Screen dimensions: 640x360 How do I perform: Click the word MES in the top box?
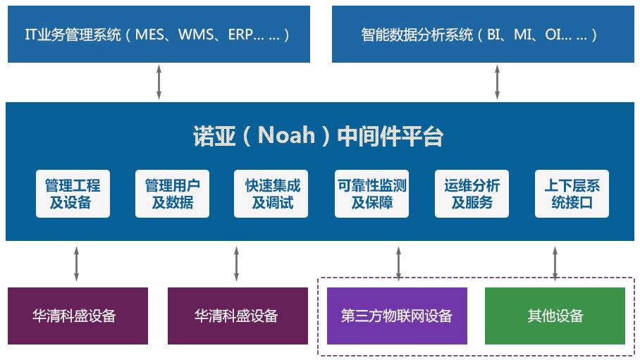pos(149,35)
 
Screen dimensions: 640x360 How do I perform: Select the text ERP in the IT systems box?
pos(240,35)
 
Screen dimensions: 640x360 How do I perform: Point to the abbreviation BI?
pos(493,35)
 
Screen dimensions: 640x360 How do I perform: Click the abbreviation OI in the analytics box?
pos(553,35)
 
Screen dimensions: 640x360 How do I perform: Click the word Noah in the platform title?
pos(287,135)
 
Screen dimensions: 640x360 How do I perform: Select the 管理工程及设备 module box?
pos(73,194)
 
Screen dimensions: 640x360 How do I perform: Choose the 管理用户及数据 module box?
pos(172,194)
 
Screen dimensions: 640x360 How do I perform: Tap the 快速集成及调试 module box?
pos(271,194)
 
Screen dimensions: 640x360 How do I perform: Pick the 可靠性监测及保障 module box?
pos(371,194)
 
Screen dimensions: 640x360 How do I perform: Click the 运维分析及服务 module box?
pos(472,194)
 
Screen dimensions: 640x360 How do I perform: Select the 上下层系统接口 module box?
pos(572,194)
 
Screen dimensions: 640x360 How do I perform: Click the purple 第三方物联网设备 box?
pos(397,316)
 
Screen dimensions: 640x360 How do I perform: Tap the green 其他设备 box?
pos(555,316)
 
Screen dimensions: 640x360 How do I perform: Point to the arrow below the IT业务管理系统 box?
pos(159,82)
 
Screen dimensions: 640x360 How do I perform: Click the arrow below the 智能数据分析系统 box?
pos(497,82)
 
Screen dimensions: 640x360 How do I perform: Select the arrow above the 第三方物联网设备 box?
pos(399,263)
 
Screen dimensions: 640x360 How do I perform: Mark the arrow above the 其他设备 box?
pos(555,263)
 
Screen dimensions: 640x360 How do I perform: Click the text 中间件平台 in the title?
pos(390,136)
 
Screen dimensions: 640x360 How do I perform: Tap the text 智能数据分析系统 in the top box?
pos(417,35)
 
